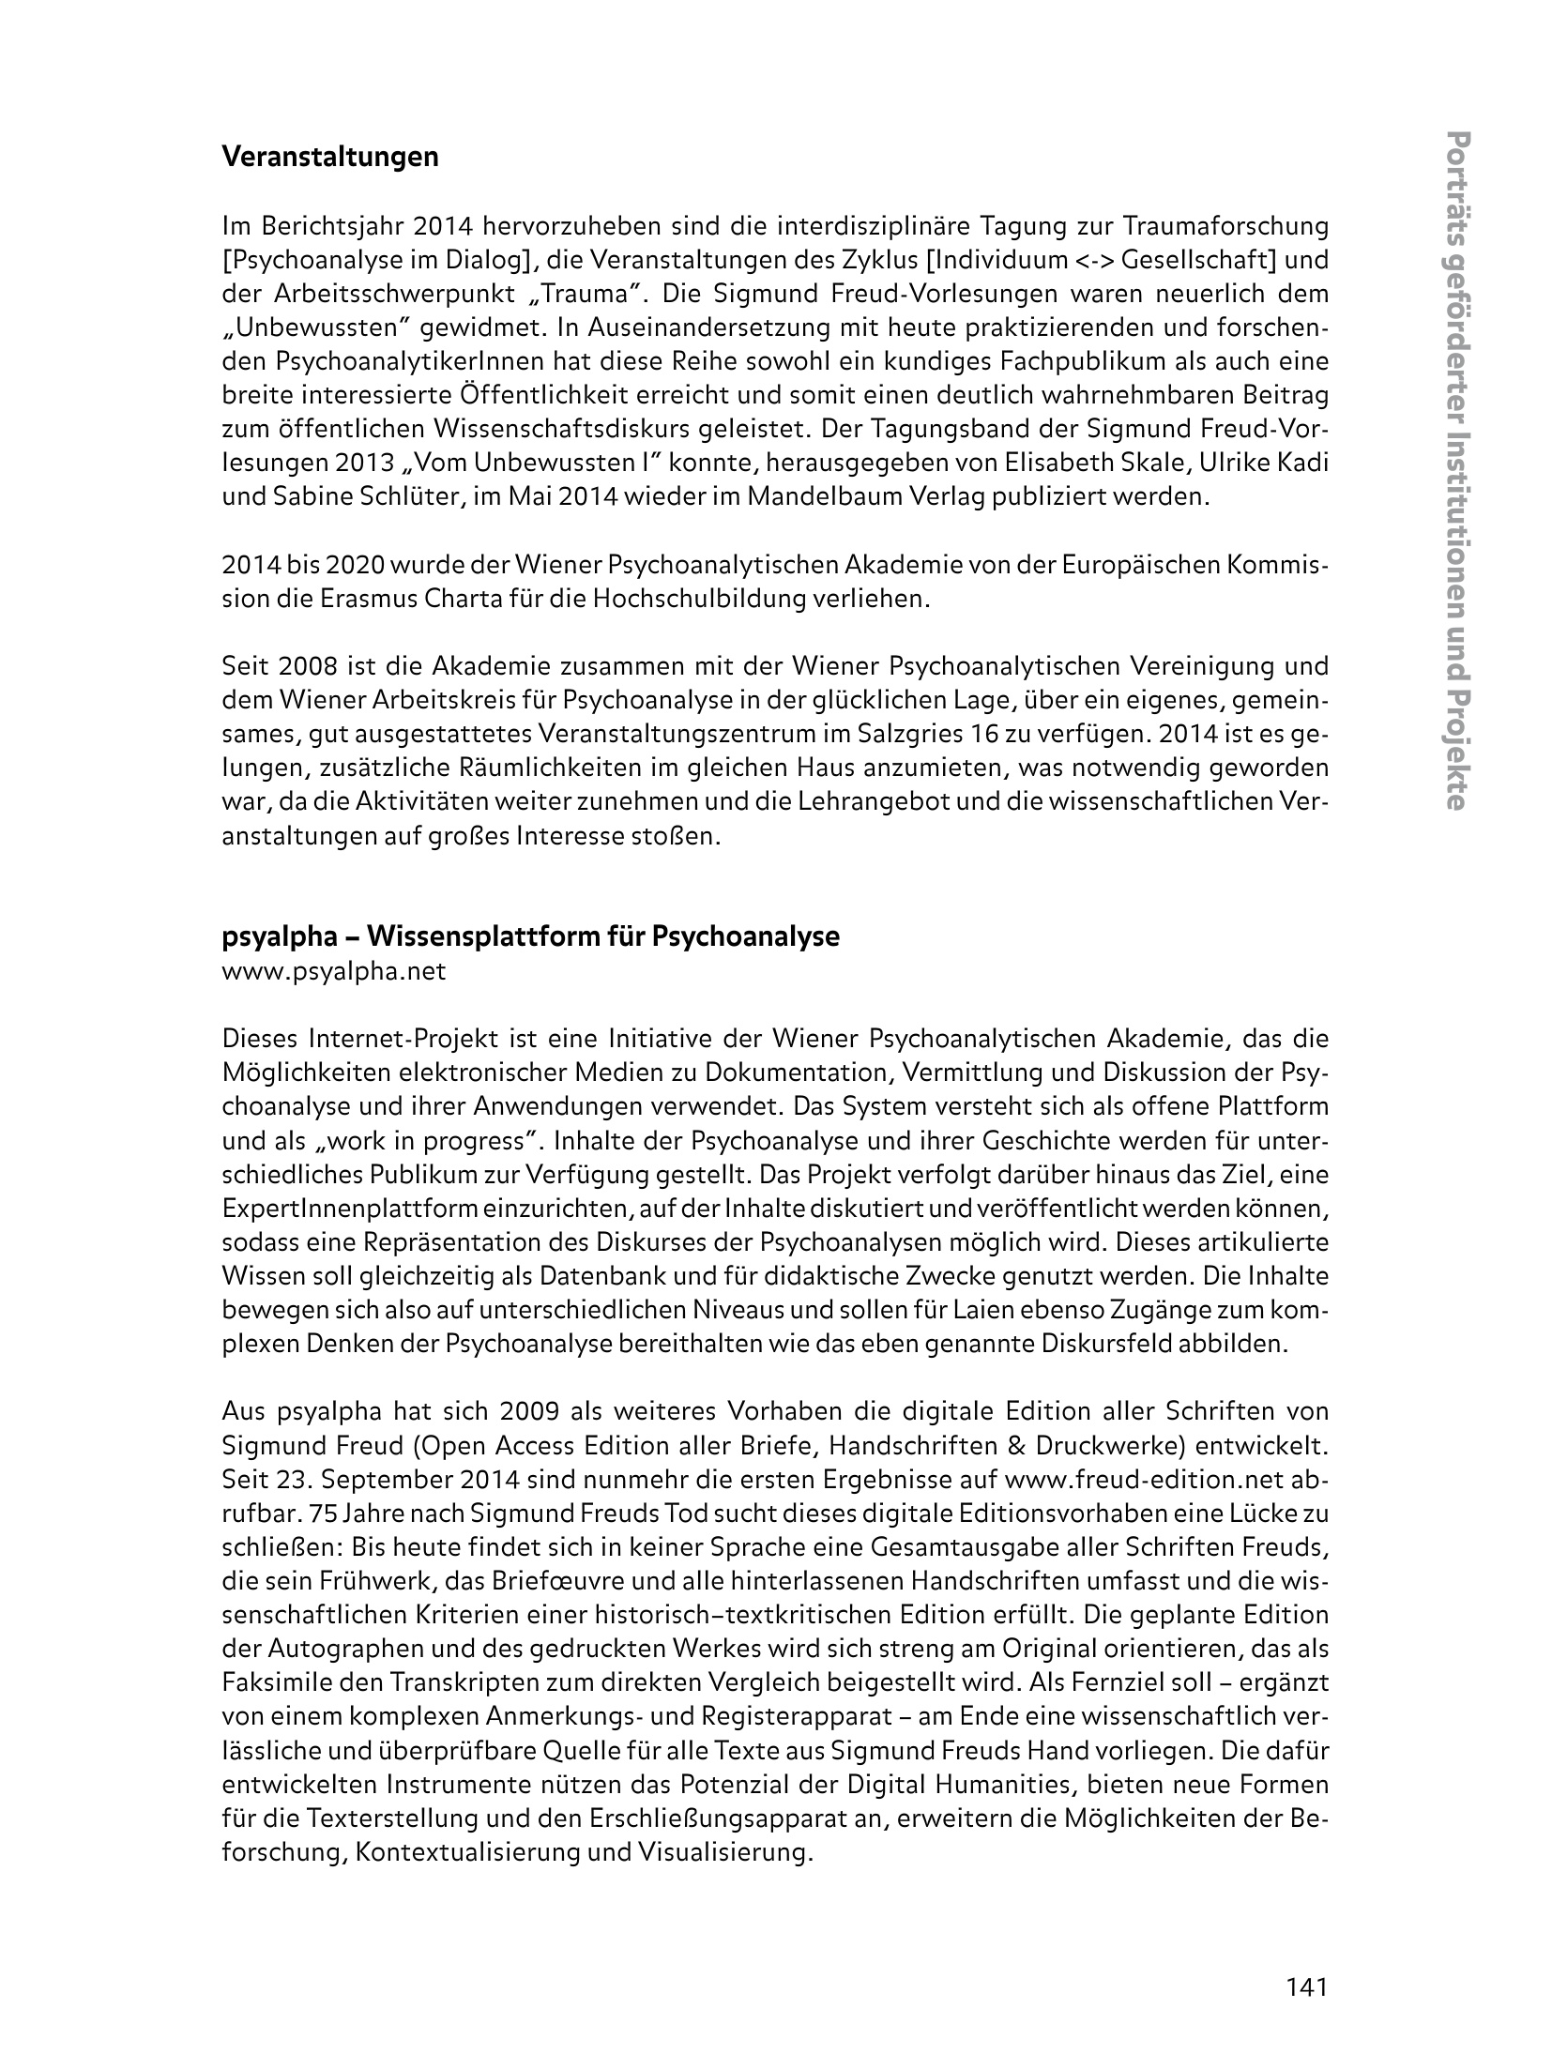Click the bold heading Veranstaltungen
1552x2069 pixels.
329,157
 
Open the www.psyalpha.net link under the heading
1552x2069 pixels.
333,971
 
